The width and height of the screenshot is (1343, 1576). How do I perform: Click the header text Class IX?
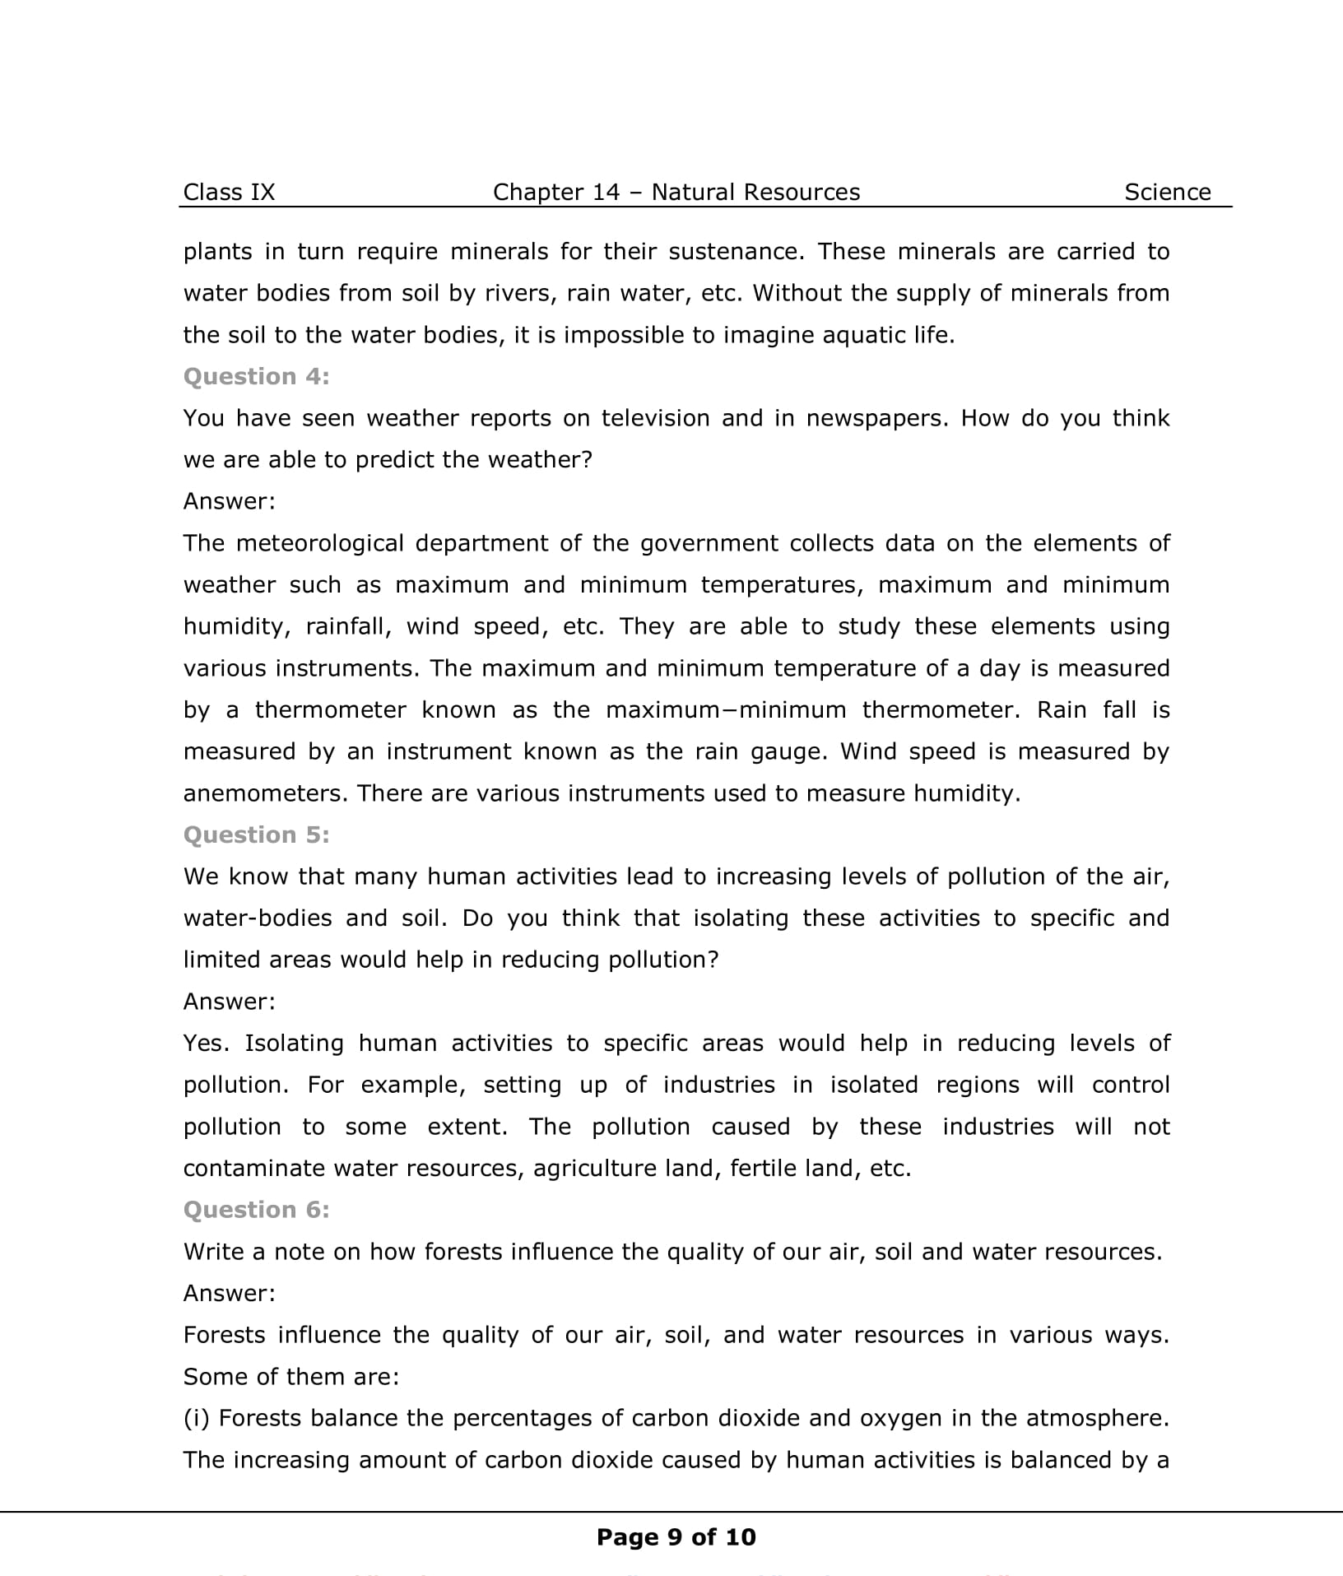pos(229,193)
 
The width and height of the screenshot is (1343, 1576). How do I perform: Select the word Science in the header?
pos(1167,193)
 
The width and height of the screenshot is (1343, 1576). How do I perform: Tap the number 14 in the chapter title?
pos(606,193)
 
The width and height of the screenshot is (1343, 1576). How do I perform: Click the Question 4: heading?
pos(256,377)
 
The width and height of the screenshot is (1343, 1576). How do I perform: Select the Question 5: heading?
pos(256,835)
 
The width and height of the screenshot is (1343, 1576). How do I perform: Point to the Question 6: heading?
pos(256,1210)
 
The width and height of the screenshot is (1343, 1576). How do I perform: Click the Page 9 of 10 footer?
pos(676,1537)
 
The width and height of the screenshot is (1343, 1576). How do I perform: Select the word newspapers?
pos(877,419)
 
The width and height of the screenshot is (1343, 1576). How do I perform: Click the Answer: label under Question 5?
pos(229,1002)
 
